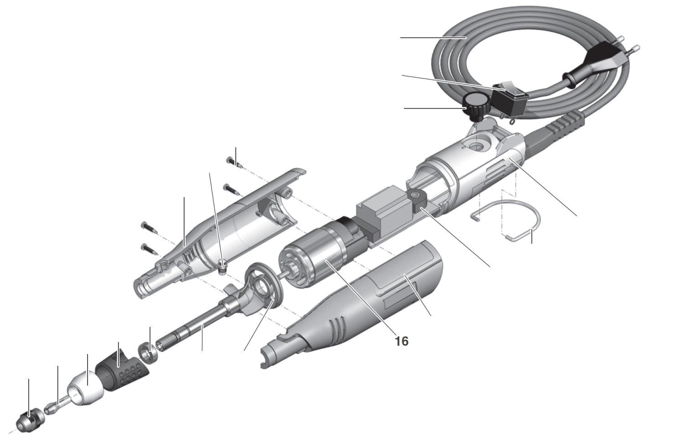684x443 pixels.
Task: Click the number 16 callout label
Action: pyautogui.click(x=402, y=341)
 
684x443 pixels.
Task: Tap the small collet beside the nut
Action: pyautogui.click(x=52, y=405)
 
